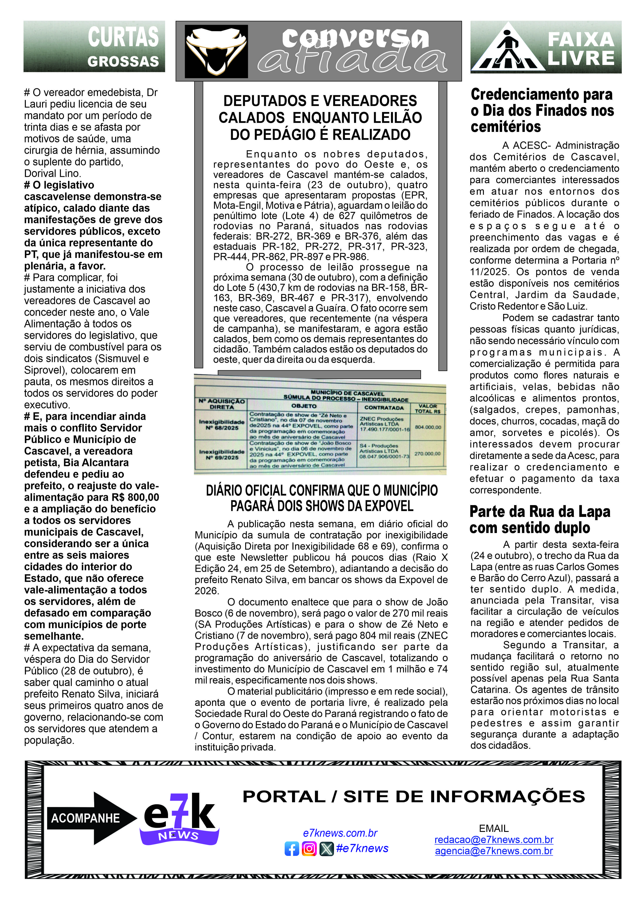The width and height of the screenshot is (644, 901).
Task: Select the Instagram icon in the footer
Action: tap(309, 849)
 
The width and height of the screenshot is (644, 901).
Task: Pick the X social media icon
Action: tap(326, 849)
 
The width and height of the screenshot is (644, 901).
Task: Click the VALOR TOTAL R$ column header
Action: tap(428, 409)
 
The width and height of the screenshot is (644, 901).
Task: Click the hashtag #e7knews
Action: tap(362, 848)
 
